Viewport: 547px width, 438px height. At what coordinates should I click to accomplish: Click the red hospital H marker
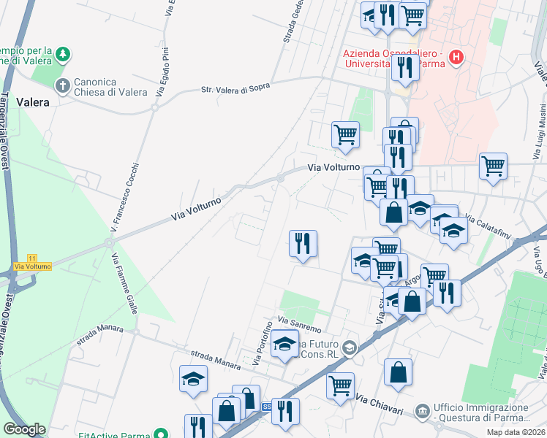coord(456,56)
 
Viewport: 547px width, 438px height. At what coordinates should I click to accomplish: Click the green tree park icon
coord(64,53)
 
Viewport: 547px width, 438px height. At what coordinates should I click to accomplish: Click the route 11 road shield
coord(31,258)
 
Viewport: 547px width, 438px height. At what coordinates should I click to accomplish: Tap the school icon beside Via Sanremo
coord(284,344)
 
